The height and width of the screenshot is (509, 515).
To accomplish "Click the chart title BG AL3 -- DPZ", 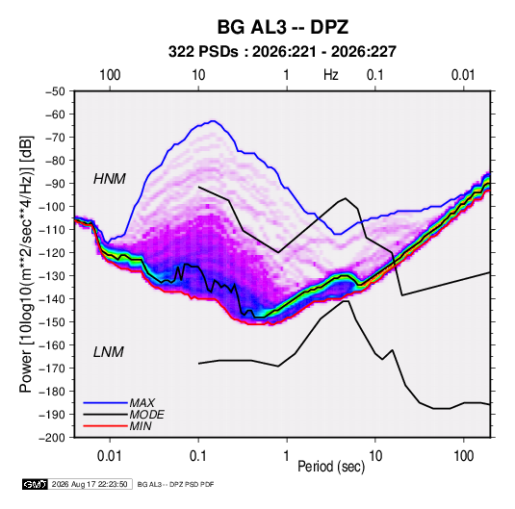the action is click(282, 27).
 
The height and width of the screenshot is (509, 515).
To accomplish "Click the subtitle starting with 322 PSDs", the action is click(282, 52).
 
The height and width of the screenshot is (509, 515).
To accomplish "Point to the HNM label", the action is click(110, 179).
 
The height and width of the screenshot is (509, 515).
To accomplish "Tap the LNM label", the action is click(109, 352).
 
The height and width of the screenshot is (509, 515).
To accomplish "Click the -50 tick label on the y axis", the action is click(56, 91).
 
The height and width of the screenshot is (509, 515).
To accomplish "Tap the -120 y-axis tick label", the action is click(52, 253).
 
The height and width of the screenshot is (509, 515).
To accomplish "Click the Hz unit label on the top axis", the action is click(331, 75).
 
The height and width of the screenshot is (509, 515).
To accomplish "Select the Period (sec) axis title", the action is click(331, 467).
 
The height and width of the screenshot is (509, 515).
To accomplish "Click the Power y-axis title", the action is click(26, 264).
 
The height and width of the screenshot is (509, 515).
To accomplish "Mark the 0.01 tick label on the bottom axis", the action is click(110, 456).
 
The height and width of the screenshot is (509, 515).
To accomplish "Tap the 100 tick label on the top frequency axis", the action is click(110, 75).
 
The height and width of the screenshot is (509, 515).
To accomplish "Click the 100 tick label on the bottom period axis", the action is click(463, 456).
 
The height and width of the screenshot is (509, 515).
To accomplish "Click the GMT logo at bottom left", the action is click(35, 484).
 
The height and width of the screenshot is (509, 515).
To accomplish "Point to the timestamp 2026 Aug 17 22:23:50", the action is click(90, 484).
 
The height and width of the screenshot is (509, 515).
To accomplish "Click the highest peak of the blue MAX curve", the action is click(214, 121).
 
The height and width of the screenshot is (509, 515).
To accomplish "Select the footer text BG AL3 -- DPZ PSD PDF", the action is click(176, 484).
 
